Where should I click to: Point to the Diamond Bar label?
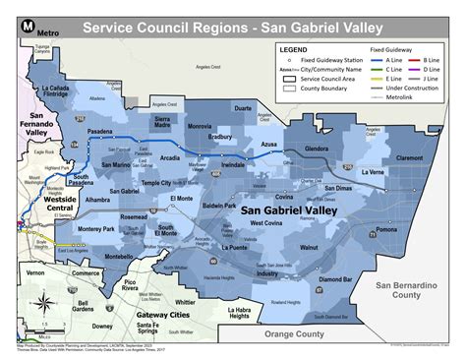[335, 279]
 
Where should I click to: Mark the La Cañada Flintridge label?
[59, 92]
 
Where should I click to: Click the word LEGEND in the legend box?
[294, 48]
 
